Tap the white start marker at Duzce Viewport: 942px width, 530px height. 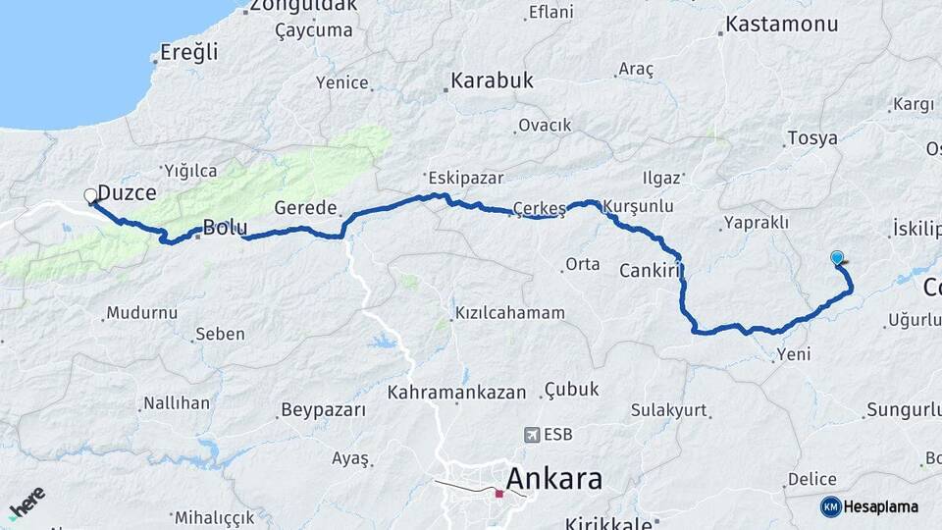coord(90,195)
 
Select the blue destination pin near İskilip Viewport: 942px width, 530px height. coord(837,258)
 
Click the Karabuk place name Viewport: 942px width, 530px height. coord(492,80)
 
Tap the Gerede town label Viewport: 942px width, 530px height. coord(305,208)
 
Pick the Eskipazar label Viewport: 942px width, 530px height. coord(465,179)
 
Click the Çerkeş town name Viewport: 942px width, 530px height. coord(540,208)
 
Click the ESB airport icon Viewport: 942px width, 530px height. coord(532,434)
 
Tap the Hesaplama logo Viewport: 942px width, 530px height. coord(869,506)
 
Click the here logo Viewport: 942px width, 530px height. coord(26,503)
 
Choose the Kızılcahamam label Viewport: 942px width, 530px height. coord(510,313)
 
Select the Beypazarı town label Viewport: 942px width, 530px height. coord(323,408)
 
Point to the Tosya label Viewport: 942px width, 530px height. coord(813,138)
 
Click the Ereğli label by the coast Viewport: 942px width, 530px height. coord(188,53)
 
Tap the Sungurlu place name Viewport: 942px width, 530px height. coord(902,408)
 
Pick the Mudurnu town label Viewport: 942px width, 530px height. coord(142,313)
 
